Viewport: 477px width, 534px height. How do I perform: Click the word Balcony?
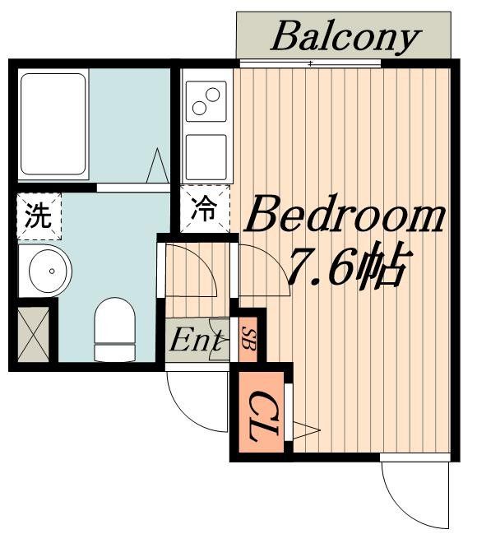[345, 36]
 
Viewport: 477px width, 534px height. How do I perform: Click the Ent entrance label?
[196, 340]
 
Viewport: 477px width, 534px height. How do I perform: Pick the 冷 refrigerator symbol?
[202, 210]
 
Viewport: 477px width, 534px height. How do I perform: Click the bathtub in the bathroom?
[53, 125]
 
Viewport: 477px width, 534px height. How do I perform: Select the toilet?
[114, 329]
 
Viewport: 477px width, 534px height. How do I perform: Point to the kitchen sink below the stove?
[206, 156]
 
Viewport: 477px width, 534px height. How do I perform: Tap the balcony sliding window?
[310, 63]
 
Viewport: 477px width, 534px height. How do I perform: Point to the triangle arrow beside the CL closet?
[304, 429]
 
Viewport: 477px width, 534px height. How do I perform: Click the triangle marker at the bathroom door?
[157, 167]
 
